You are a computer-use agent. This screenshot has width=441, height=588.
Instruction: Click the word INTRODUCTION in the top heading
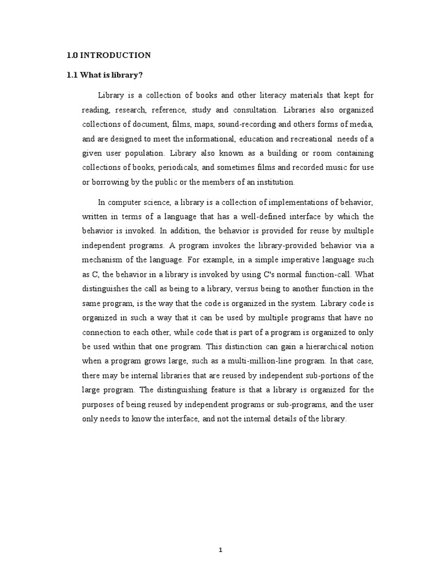[x=115, y=55]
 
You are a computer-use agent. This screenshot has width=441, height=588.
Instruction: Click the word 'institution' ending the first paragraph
[x=275, y=182]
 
